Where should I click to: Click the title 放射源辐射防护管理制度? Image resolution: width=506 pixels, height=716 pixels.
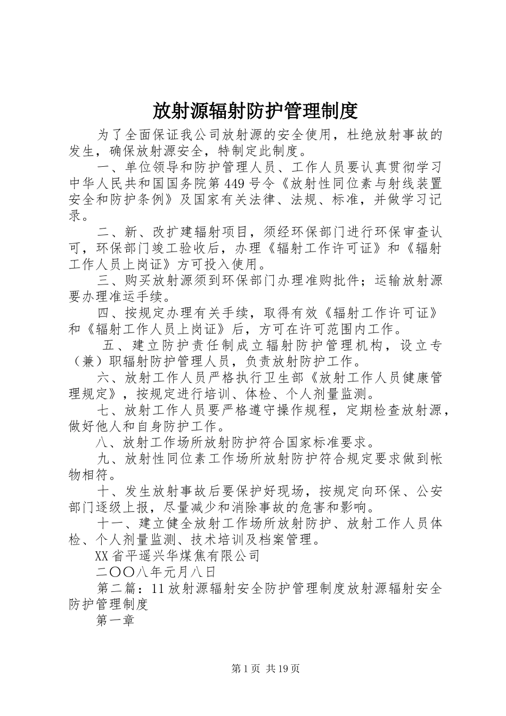pos(255,111)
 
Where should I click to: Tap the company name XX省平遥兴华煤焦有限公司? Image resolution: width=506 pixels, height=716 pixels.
pos(177,556)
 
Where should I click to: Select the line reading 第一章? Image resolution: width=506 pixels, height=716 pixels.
pos(115,621)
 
